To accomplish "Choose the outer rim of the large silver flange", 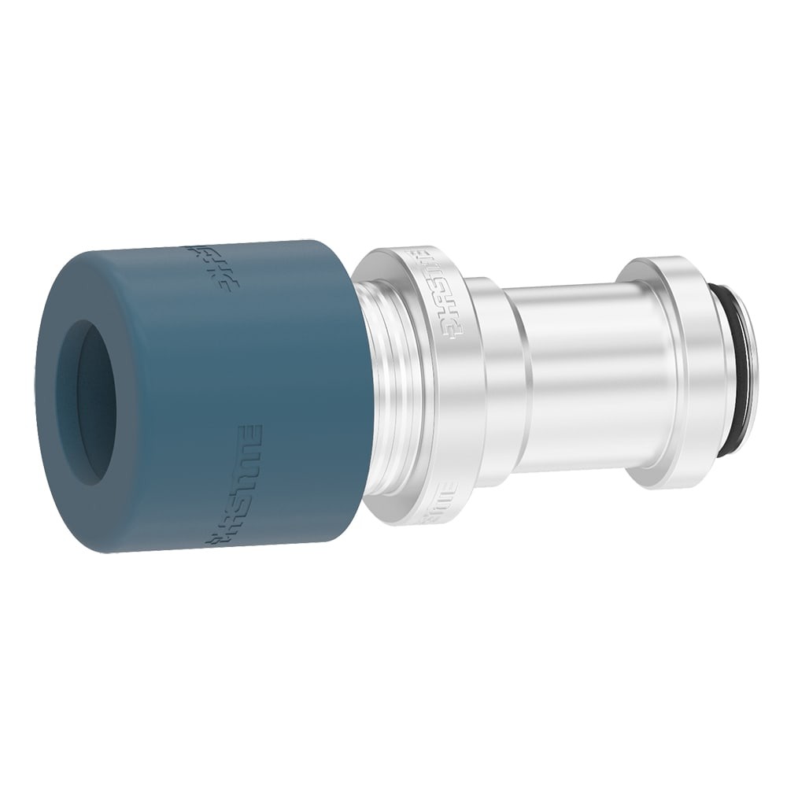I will point(464,393).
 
